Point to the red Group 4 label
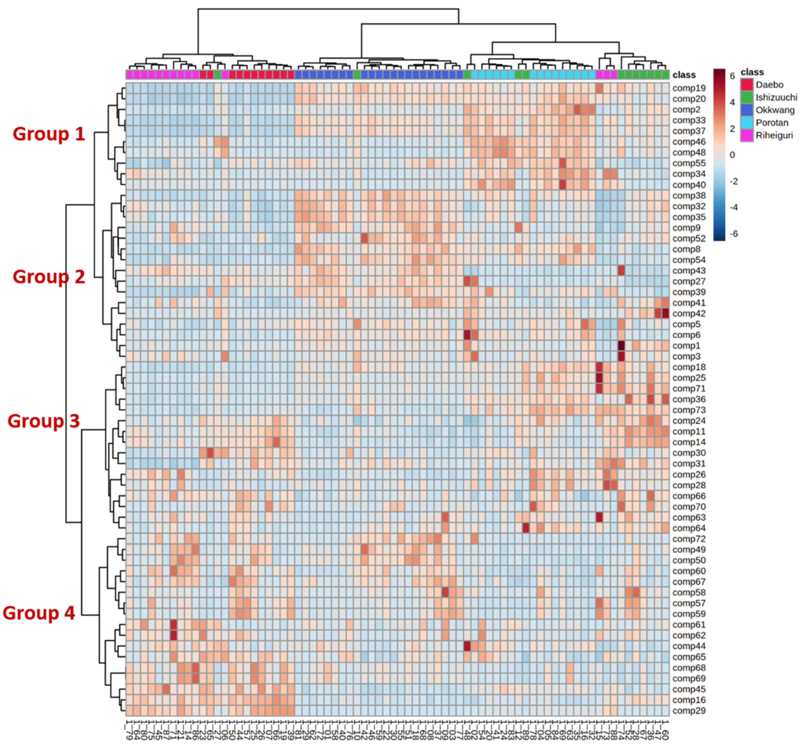38,613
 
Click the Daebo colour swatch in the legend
746,85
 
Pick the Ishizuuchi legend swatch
746,97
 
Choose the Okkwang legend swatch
746,110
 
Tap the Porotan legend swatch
746,123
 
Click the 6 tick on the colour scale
732,76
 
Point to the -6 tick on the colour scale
733,234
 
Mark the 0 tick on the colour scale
732,155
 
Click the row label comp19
689,88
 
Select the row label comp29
689,711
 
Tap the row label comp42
689,313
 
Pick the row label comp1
686,346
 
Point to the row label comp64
689,528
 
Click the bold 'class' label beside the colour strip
684,75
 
